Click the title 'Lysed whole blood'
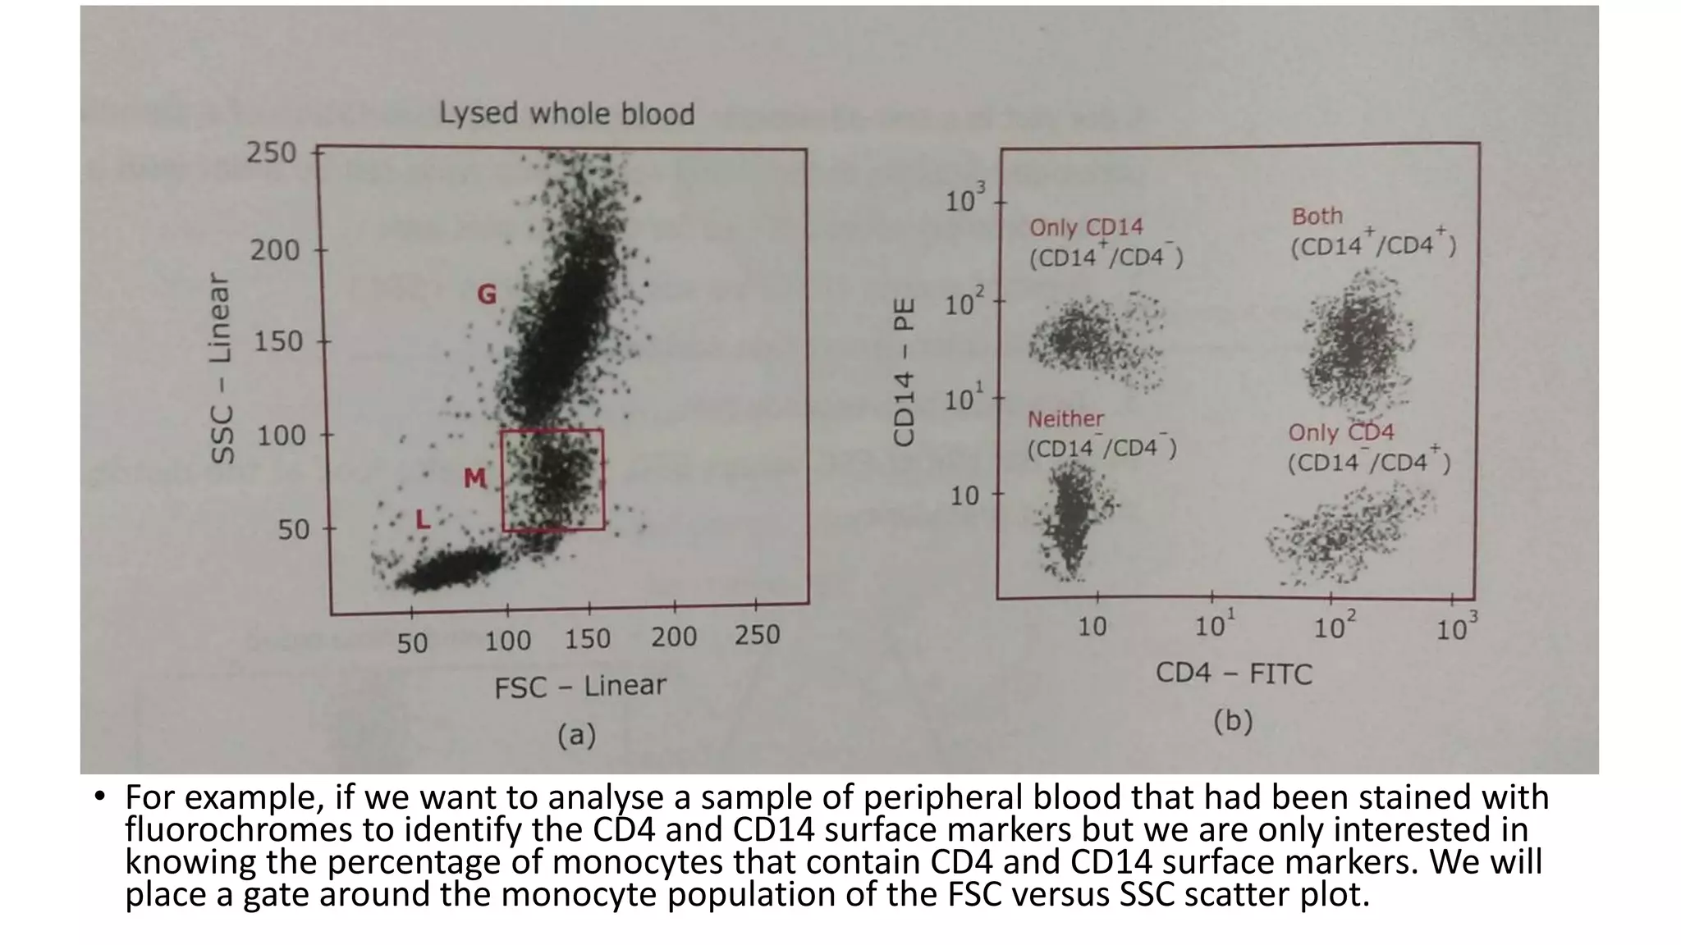click(x=567, y=113)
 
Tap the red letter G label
click(x=487, y=294)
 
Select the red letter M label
click(x=474, y=477)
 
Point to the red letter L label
click(x=423, y=518)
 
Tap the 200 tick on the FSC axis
click(x=673, y=637)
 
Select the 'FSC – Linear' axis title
click(x=579, y=686)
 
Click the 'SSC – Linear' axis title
click(x=222, y=368)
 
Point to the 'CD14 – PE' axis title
click(x=904, y=372)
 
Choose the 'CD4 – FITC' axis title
click(x=1234, y=673)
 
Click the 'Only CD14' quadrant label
click(x=1086, y=227)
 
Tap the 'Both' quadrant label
click(x=1317, y=217)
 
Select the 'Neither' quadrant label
click(x=1065, y=419)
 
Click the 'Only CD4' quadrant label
click(x=1340, y=432)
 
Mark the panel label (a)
click(x=576, y=734)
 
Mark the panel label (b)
click(x=1233, y=721)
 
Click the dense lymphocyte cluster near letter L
click(x=447, y=570)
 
